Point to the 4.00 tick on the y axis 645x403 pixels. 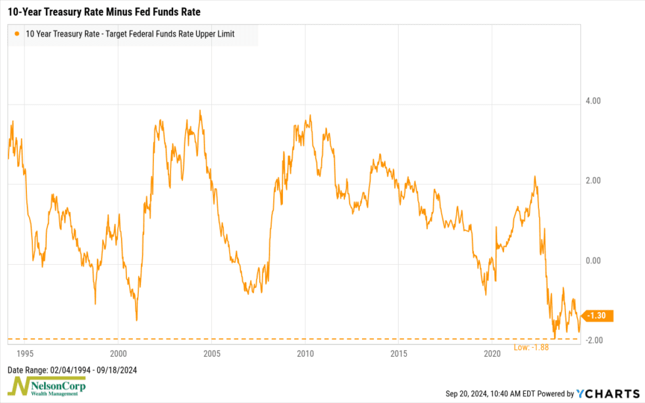click(594, 101)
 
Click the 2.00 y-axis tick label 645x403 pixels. click(594, 181)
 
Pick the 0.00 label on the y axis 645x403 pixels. click(594, 261)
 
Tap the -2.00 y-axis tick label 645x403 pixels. click(593, 340)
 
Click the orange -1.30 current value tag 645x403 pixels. click(598, 317)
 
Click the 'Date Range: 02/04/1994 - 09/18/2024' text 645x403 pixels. click(72, 369)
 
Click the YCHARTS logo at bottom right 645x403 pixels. click(608, 393)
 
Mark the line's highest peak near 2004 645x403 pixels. click(200, 111)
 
